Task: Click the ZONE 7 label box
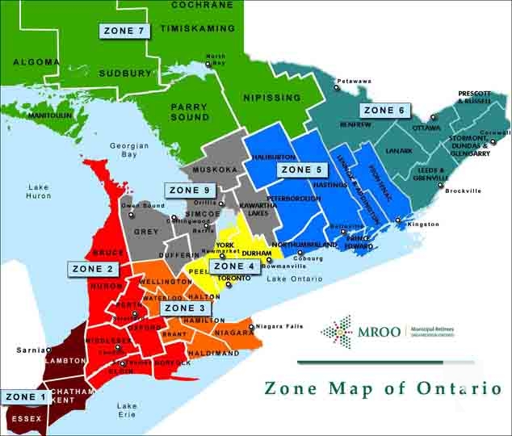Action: click(x=124, y=31)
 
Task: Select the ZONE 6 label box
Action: click(x=383, y=110)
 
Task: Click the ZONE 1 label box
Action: click(x=24, y=396)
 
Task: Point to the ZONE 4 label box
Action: click(x=234, y=266)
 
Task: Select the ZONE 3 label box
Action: click(x=186, y=308)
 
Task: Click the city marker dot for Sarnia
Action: click(x=46, y=350)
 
